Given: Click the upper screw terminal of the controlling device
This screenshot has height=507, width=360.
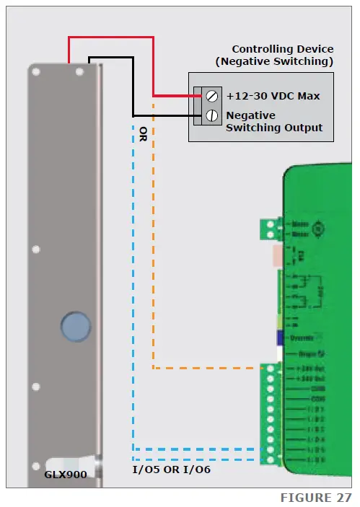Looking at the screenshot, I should pyautogui.click(x=211, y=95).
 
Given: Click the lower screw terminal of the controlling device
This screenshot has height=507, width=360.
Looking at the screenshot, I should pyautogui.click(x=211, y=115).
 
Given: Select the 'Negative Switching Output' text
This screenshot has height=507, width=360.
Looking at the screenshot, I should pyautogui.click(x=274, y=121).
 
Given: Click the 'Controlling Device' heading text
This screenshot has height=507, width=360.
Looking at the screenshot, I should pyautogui.click(x=282, y=49).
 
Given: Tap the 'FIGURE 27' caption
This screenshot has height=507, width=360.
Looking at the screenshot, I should pyautogui.click(x=316, y=498).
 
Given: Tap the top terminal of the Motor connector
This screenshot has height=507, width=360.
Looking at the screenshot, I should pyautogui.click(x=271, y=224).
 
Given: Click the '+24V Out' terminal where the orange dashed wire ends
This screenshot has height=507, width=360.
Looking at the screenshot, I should pyautogui.click(x=271, y=369).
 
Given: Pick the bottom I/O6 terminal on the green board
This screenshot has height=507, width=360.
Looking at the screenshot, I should pyautogui.click(x=271, y=459).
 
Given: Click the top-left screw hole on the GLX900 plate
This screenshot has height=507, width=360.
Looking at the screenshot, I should pyautogui.click(x=35, y=70).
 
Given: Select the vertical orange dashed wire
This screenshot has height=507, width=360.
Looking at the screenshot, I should pyautogui.click(x=153, y=238).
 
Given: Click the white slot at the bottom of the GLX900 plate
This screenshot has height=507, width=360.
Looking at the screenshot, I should pyautogui.click(x=69, y=462).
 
